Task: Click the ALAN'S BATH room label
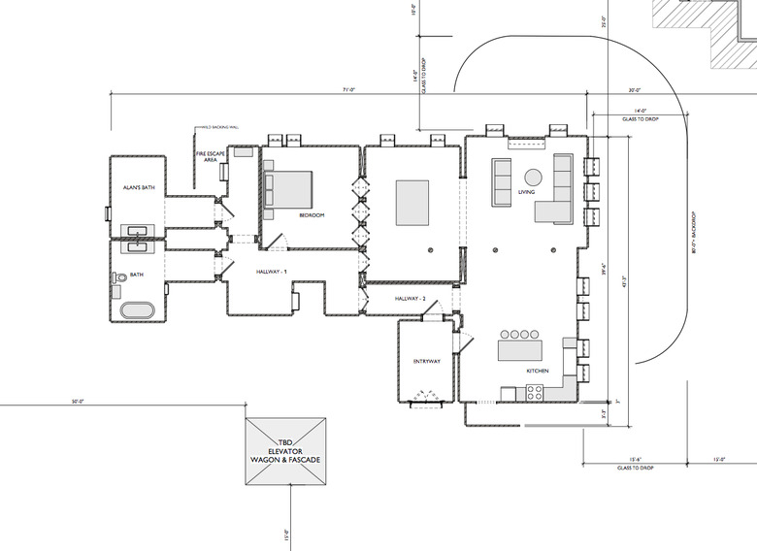(x=139, y=186)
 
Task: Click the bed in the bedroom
(x=289, y=189)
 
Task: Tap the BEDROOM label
(x=311, y=214)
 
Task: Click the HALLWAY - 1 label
(x=272, y=271)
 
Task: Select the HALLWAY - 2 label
(x=411, y=298)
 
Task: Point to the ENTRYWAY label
(x=427, y=361)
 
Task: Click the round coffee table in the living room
(x=533, y=176)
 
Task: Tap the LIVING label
(x=526, y=192)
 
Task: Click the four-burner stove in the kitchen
(x=533, y=393)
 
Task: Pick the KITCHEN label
(x=539, y=371)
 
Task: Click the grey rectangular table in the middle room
(x=412, y=202)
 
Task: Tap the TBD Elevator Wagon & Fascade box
(x=285, y=449)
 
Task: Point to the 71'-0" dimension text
(x=348, y=90)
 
